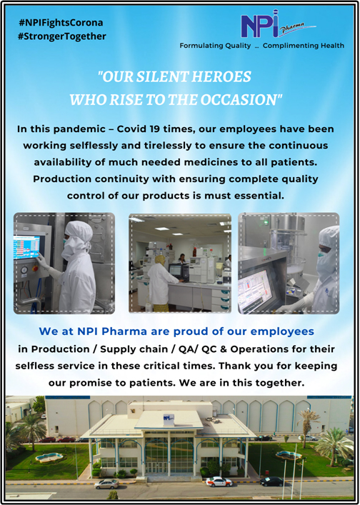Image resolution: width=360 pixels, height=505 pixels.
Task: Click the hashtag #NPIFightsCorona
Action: coord(61,23)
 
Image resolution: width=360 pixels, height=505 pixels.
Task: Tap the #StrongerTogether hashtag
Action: coord(62,36)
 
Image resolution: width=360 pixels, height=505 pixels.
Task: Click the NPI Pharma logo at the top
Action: coord(279,24)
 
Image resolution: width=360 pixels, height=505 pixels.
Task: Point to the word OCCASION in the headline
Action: coord(239,100)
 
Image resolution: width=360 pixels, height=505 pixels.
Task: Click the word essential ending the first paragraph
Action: coord(257,196)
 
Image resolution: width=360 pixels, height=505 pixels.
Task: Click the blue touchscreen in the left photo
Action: coord(26,247)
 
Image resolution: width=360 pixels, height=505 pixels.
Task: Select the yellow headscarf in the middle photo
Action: coord(159,260)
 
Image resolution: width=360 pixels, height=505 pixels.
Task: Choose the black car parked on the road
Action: coord(271,481)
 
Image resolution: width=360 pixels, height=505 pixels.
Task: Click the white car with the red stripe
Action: coord(219,482)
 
